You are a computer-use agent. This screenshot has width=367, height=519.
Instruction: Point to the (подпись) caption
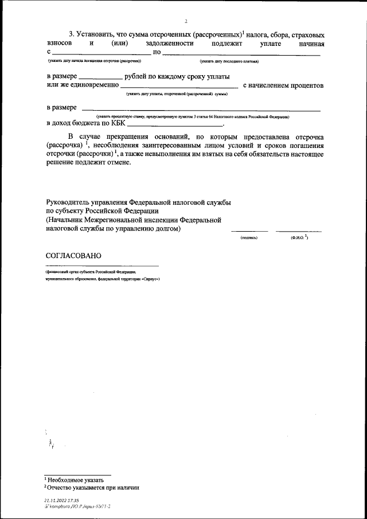[x=249, y=237]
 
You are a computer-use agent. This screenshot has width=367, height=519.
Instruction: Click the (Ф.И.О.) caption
[x=299, y=237]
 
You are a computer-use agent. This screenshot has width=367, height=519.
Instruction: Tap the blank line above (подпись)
[x=249, y=231]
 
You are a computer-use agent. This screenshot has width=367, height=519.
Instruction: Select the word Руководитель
[x=70, y=202]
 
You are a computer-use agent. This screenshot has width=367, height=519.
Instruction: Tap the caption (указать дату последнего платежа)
[x=229, y=61]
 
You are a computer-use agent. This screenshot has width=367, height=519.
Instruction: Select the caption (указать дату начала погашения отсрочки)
[x=95, y=61]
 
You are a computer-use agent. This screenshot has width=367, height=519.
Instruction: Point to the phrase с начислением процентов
[x=283, y=85]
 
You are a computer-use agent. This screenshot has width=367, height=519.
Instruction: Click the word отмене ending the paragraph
[x=119, y=162]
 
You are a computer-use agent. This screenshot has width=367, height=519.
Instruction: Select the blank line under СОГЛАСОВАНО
[x=102, y=265]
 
